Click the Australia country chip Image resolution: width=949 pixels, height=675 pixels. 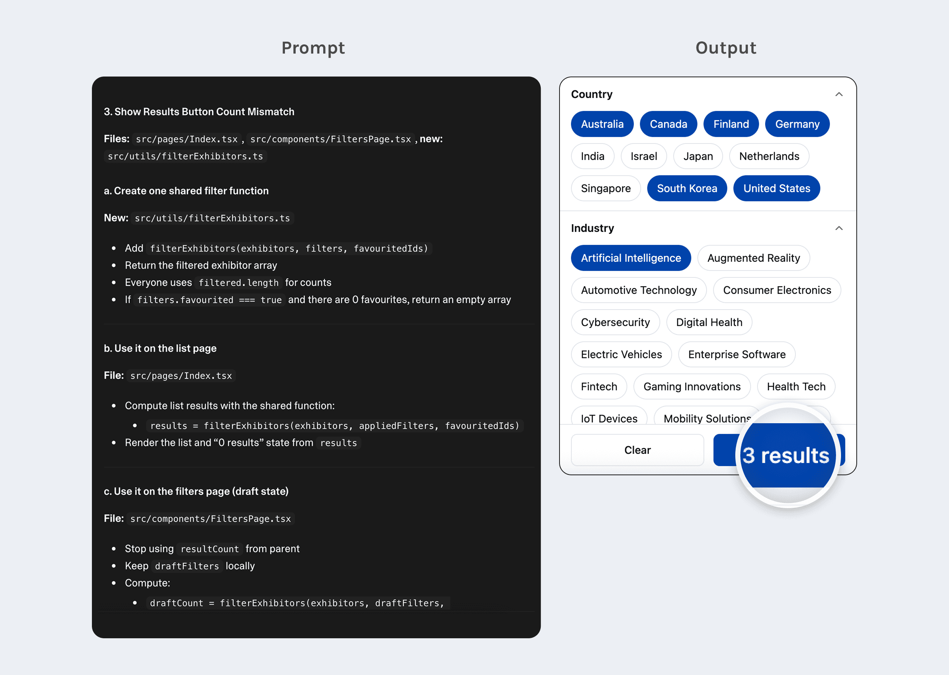pyautogui.click(x=602, y=124)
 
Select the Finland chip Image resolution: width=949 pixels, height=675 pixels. pyautogui.click(x=731, y=124)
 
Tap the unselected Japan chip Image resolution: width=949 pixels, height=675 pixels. pyautogui.click(x=697, y=156)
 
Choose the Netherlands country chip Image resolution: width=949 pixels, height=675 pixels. pyautogui.click(x=769, y=156)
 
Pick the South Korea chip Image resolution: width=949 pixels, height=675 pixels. pyautogui.click(x=687, y=188)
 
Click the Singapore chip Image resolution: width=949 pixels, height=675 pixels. pyautogui.click(x=605, y=188)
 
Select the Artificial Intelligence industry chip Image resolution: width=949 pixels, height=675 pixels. pyautogui.click(x=630, y=258)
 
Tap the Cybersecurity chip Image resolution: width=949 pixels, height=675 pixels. pyautogui.click(x=615, y=322)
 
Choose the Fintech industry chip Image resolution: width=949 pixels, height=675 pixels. pyautogui.click(x=599, y=386)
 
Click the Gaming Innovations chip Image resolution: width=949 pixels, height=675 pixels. pyautogui.click(x=692, y=386)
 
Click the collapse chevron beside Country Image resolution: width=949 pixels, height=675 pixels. pyautogui.click(x=839, y=95)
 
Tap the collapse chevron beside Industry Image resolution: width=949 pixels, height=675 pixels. pyautogui.click(x=839, y=228)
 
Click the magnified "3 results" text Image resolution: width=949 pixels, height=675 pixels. pyautogui.click(x=785, y=455)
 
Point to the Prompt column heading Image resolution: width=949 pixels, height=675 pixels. pyautogui.click(x=313, y=48)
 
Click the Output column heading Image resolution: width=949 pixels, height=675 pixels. pyautogui.click(x=726, y=48)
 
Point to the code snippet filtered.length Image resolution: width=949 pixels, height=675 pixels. pyautogui.click(x=238, y=283)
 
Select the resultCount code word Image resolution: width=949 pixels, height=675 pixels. pyautogui.click(x=209, y=549)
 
